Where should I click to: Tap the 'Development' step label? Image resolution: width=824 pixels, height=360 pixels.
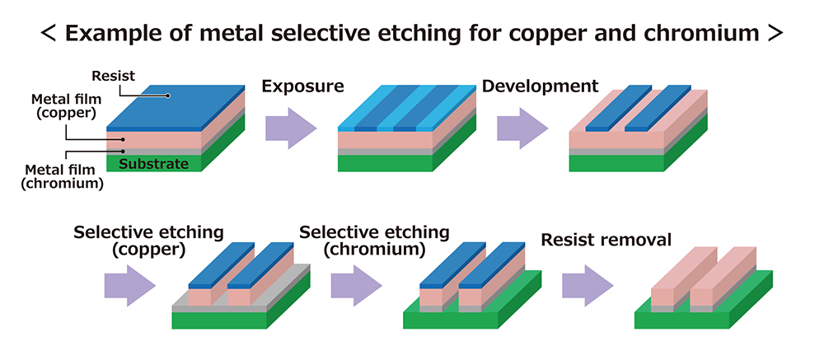click(x=540, y=86)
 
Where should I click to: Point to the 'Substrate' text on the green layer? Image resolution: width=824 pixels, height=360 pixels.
click(x=154, y=164)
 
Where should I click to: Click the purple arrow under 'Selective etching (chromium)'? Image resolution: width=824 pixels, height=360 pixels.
click(x=355, y=284)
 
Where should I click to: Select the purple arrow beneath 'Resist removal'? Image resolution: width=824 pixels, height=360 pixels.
click(x=587, y=284)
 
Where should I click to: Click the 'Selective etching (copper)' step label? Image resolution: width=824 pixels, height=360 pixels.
click(x=148, y=241)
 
